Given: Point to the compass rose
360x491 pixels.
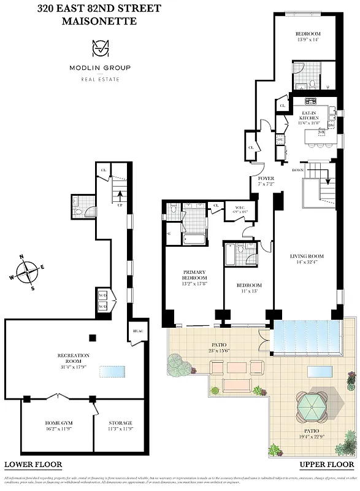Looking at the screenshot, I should [x=26, y=271].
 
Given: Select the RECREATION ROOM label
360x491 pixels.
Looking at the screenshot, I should [x=73, y=358].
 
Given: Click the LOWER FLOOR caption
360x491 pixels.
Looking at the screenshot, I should [x=33, y=465].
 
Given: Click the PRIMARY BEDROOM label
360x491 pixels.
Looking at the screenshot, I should [x=193, y=274].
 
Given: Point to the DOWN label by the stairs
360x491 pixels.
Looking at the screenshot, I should [x=297, y=170].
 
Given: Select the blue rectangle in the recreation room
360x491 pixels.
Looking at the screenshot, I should [x=112, y=373].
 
